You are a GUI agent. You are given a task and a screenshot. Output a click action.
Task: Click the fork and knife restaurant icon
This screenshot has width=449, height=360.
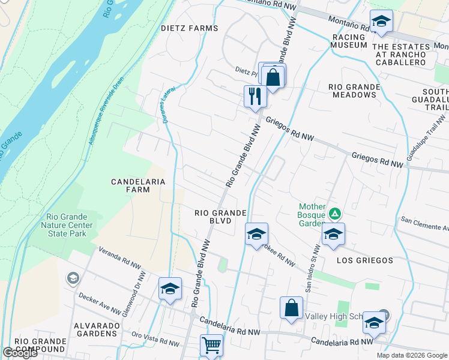tap(255, 95)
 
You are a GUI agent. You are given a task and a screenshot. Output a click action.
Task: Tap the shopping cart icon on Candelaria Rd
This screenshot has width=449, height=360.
tap(211, 345)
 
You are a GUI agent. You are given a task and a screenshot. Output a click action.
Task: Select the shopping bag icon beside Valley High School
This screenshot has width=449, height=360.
tap(291, 308)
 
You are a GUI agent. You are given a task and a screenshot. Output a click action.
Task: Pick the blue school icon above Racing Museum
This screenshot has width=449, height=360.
tap(381, 22)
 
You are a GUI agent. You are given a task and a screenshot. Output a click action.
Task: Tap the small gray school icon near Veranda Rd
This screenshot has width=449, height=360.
tap(73, 277)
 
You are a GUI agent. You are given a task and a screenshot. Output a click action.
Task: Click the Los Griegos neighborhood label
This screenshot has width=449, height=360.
tap(364, 260)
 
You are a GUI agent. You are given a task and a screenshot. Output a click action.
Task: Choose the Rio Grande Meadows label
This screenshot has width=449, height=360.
tap(354, 91)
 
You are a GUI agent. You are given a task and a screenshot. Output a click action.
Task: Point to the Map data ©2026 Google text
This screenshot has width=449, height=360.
tap(411, 355)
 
